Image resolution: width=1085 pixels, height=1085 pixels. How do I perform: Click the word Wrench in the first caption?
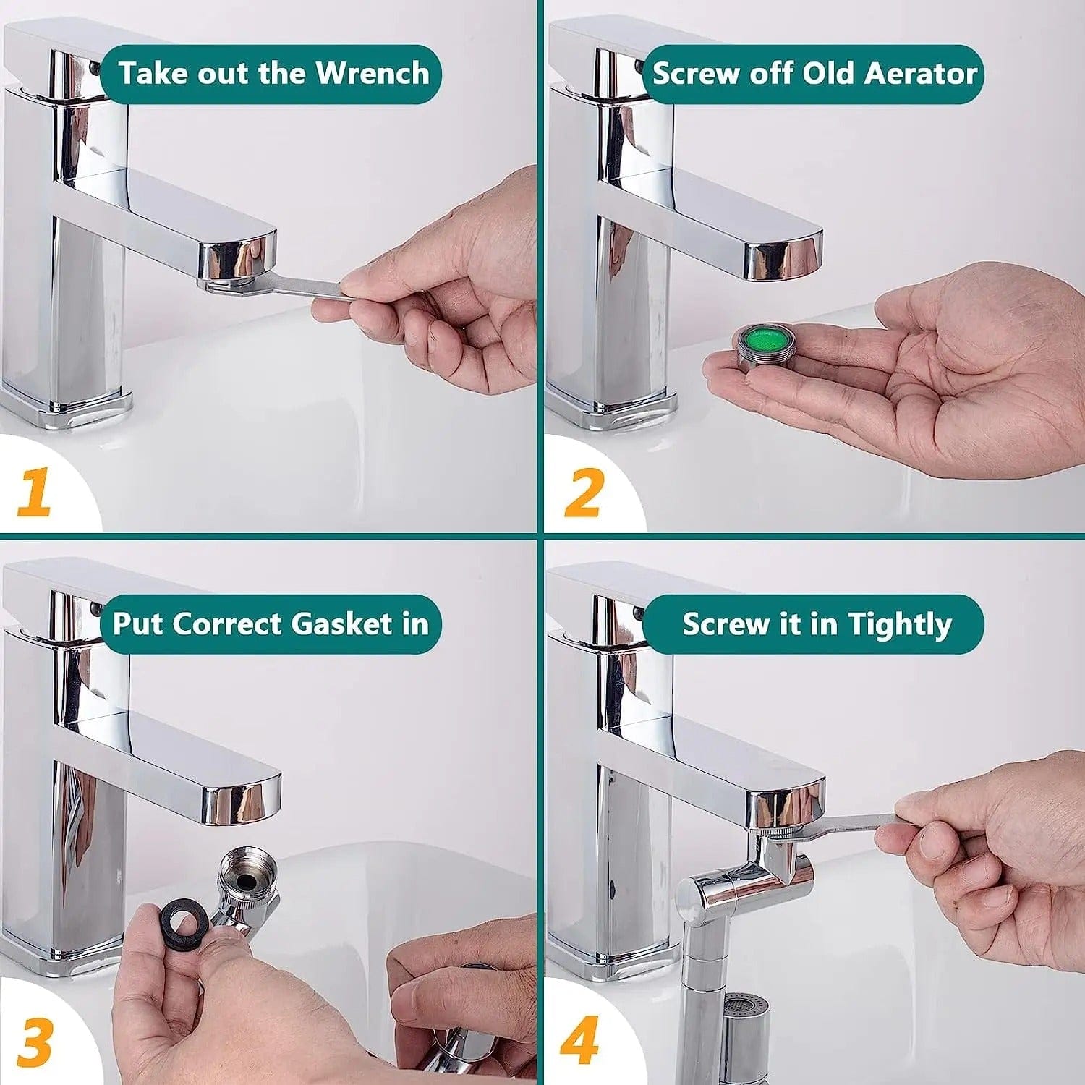tap(373, 74)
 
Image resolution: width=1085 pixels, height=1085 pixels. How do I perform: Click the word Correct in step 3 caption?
tap(229, 624)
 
